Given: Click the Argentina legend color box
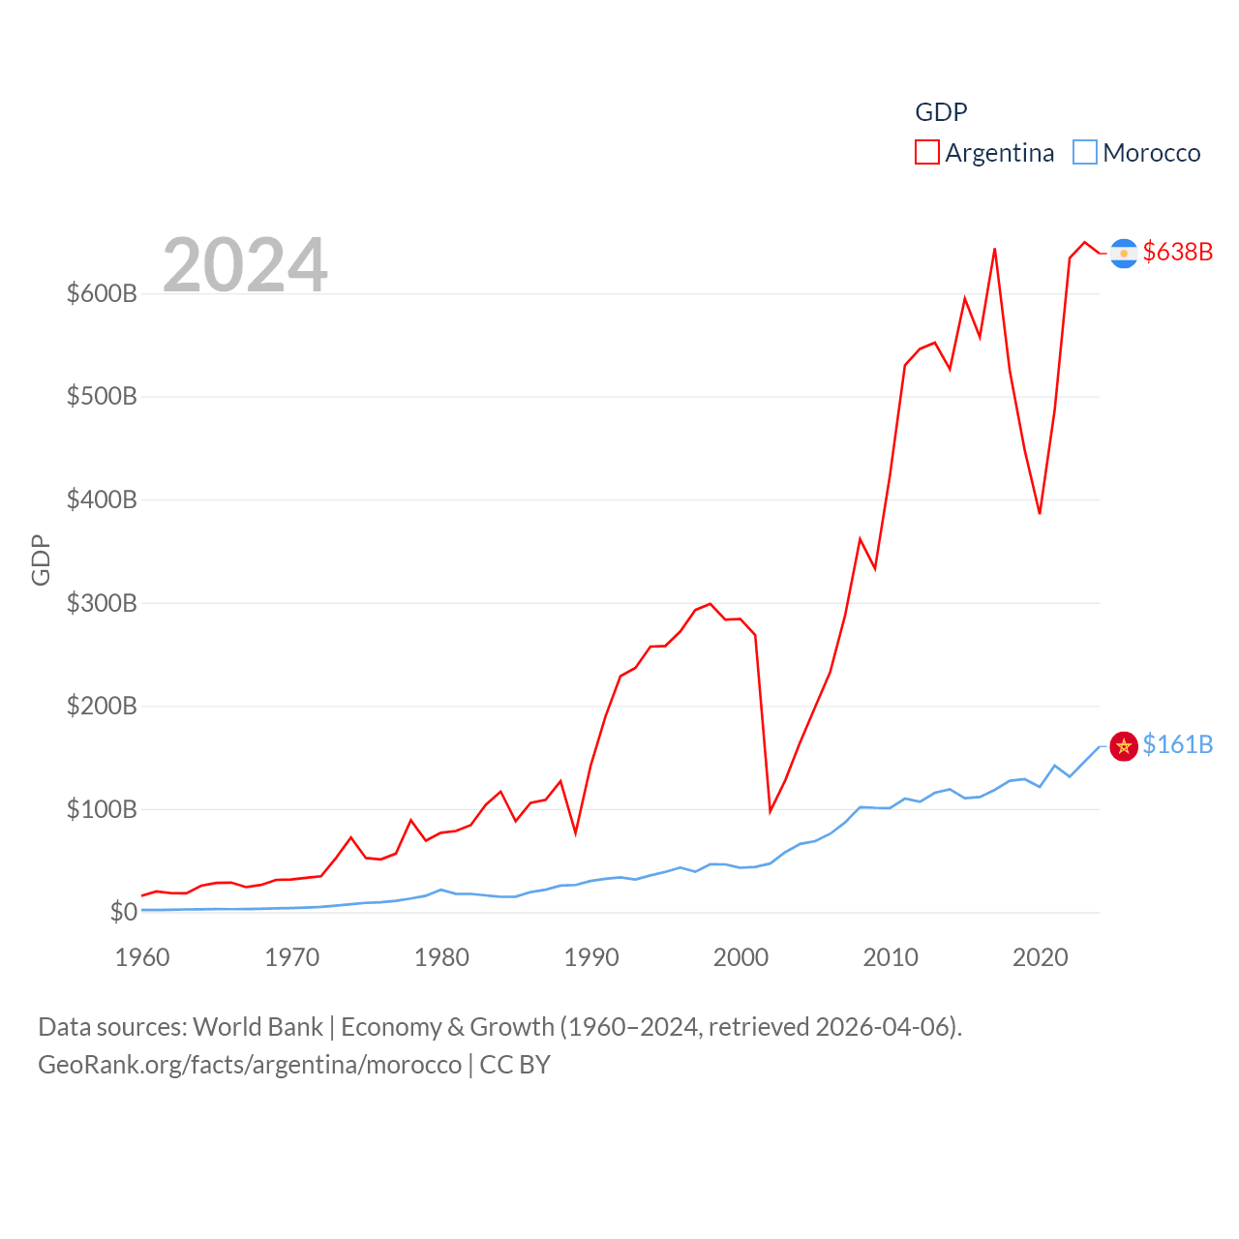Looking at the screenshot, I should coord(927,153).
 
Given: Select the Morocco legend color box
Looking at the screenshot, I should coord(1085,153).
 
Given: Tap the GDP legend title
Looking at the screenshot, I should coord(941,112).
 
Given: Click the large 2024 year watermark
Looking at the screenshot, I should coord(245,265).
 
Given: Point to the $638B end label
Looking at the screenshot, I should coord(1177,252).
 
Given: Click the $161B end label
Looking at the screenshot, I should coord(1177,744).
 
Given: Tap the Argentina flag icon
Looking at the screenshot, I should coord(1124,253).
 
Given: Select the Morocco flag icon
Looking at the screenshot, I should coord(1124,746).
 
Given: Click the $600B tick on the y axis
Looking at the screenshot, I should coord(102,293).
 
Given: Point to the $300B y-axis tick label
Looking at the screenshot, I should coord(102,603).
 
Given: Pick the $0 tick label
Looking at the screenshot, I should coord(124,912).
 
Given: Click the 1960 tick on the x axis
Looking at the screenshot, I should coord(142,957).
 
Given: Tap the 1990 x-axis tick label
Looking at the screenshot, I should coord(591,957).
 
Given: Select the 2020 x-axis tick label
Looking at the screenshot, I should coord(1041,957).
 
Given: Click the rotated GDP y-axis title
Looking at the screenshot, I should coord(41,559).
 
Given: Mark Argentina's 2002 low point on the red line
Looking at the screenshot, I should coord(771,811).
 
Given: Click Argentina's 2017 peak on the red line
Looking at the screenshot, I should coord(995,249).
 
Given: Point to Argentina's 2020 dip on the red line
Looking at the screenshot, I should coord(1040,513).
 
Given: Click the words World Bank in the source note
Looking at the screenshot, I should coord(257,1026).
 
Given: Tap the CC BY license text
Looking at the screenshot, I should coord(515,1065).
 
